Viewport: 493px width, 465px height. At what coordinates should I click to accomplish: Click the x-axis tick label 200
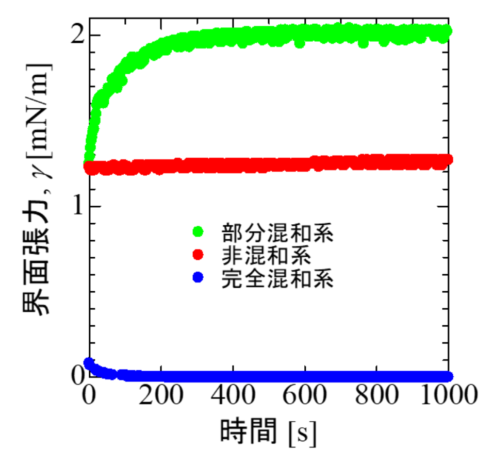[161, 397]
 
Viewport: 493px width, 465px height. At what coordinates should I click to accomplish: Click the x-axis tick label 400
[233, 397]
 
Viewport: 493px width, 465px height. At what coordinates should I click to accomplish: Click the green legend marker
[198, 232]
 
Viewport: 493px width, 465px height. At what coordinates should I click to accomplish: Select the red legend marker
[198, 255]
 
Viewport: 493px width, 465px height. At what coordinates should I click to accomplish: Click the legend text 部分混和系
[277, 233]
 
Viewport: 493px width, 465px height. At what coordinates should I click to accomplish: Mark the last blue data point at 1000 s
[448, 376]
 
